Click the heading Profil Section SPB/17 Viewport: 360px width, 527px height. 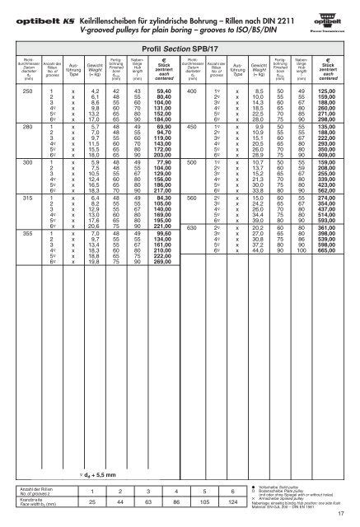point(179,49)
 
